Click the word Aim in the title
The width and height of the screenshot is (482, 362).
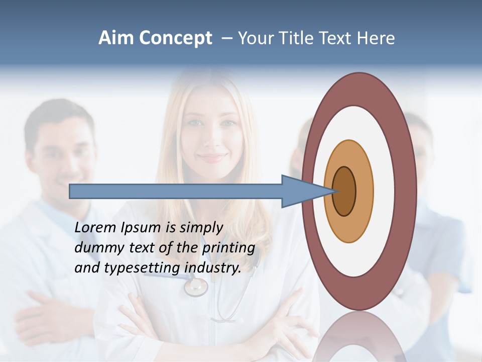pos(116,38)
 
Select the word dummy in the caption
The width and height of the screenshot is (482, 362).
pos(97,248)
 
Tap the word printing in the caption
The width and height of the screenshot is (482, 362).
pos(228,248)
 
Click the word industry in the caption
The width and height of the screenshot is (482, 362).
pos(212,268)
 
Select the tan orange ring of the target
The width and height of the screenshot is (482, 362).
pos(365,191)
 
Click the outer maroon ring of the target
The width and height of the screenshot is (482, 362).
pos(406,191)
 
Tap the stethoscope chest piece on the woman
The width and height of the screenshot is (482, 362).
pos(195,287)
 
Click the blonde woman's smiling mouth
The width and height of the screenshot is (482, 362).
pos(211,157)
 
